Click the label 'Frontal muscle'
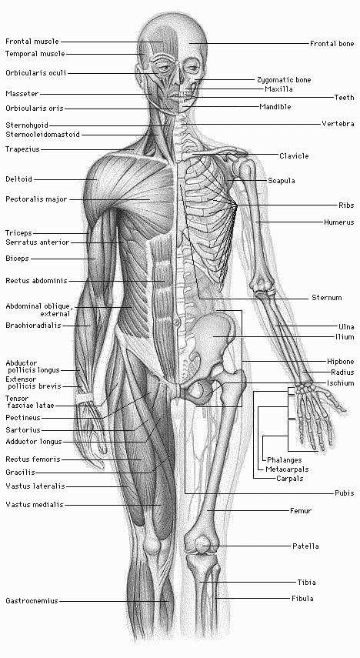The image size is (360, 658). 32,42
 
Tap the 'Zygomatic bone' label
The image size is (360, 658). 284,80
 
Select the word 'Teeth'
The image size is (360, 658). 344,98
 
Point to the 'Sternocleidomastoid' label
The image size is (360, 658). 42,135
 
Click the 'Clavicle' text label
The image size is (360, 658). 294,156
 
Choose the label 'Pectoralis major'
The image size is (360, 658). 36,199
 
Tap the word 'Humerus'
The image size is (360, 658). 339,222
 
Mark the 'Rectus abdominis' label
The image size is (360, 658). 36,281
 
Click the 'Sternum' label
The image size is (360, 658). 327,298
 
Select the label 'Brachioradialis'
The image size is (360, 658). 33,326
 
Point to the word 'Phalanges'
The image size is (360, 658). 285,460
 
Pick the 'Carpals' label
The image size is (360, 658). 289,479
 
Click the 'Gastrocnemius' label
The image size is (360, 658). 32,601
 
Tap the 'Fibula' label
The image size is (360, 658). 302,599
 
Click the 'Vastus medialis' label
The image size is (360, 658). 35,505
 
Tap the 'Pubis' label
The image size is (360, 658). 344,493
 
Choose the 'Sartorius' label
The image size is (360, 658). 22,430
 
